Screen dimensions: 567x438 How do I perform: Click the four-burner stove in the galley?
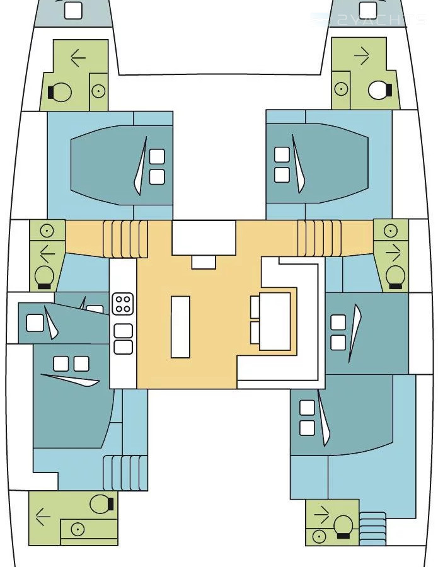122,304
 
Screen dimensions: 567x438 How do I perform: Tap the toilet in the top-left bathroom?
60,92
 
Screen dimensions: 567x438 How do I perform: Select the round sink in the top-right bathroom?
341,89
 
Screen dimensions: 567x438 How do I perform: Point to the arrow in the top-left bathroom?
78,58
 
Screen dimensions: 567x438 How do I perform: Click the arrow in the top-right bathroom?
362,56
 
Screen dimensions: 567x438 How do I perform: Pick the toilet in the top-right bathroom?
379,90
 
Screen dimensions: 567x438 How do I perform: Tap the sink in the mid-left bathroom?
47,231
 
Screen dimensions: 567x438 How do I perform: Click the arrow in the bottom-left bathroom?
43,517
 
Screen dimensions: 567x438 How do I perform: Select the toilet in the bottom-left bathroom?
101,503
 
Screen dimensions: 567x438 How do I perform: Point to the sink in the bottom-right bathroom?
320,536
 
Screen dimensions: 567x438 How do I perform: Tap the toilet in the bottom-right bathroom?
343,526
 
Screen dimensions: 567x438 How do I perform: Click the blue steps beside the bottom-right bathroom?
372,528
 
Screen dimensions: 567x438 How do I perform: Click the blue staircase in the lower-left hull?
125,472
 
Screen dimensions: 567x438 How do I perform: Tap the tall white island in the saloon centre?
180,326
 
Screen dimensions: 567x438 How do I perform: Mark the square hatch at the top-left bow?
74,10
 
